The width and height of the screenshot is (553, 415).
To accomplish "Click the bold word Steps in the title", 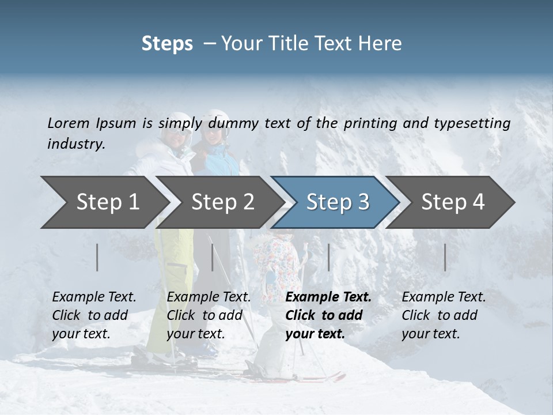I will [167, 44].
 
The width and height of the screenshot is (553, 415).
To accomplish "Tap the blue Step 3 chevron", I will [338, 202].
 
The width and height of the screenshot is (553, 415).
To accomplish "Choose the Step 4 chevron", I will [453, 202].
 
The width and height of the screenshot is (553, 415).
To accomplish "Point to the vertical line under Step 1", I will [97, 257].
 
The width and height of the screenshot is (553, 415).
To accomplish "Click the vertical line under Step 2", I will [213, 257].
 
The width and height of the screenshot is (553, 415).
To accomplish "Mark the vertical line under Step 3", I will [328, 257].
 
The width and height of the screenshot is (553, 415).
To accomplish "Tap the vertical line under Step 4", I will [445, 257].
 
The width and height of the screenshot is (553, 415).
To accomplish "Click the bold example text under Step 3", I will [328, 315].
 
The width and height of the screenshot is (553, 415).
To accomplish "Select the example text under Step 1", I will [94, 315].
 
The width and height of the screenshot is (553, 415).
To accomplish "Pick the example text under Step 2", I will [209, 315].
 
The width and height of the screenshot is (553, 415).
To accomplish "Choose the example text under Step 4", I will [444, 315].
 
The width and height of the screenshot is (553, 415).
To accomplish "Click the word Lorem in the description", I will [69, 123].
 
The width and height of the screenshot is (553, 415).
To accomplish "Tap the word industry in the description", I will [76, 144].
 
